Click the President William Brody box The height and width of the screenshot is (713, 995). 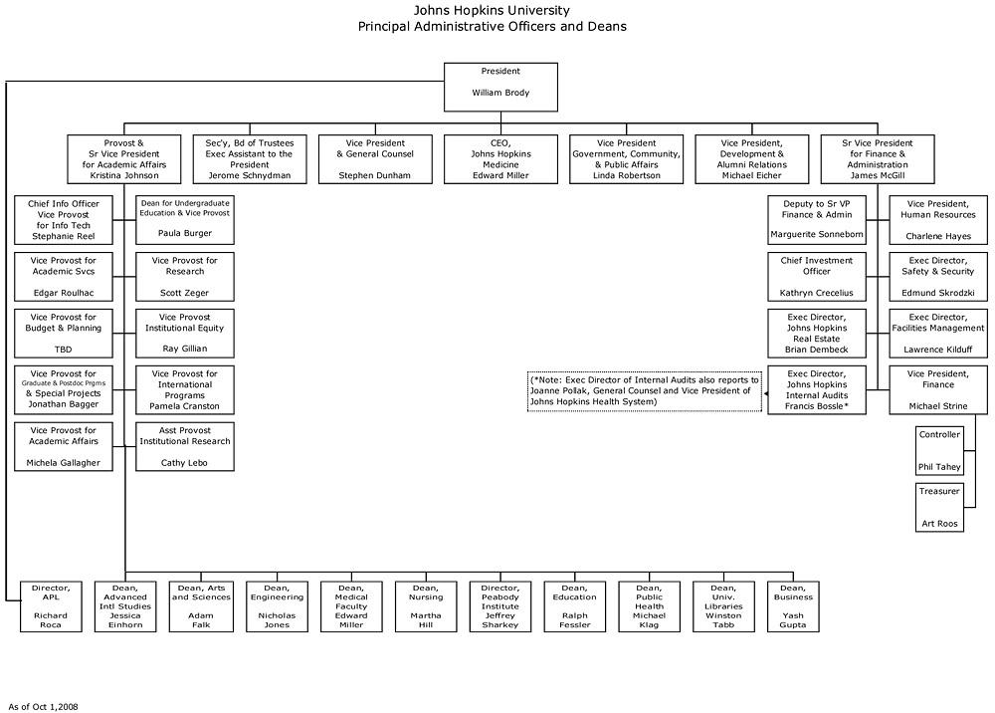tap(500, 87)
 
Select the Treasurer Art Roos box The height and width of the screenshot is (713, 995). tap(939, 507)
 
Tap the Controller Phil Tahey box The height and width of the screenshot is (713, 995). tap(939, 451)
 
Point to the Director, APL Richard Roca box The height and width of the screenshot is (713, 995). tap(51, 606)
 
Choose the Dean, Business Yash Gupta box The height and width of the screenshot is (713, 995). tap(793, 606)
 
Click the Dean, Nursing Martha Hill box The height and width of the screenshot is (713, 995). tap(426, 606)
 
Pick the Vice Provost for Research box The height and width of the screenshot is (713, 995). tap(185, 277)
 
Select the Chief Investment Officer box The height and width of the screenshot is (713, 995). tap(817, 277)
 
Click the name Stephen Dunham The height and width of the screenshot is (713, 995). tap(374, 175)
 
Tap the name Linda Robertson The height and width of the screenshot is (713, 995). tap(626, 175)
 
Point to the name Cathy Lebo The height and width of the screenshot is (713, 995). tap(184, 463)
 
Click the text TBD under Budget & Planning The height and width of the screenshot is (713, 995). tap(64, 350)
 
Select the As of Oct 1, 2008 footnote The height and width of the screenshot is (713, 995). tap(43, 707)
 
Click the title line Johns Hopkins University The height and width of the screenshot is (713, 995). tap(492, 10)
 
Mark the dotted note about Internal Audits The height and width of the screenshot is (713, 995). tap(645, 391)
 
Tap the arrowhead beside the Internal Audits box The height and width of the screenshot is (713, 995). tap(765, 393)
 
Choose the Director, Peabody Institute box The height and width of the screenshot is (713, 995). tap(500, 606)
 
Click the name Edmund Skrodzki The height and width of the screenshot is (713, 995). tap(938, 293)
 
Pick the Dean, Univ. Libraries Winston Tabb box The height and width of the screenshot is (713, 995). tap(723, 606)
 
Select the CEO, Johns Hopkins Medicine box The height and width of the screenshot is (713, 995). tap(500, 158)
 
